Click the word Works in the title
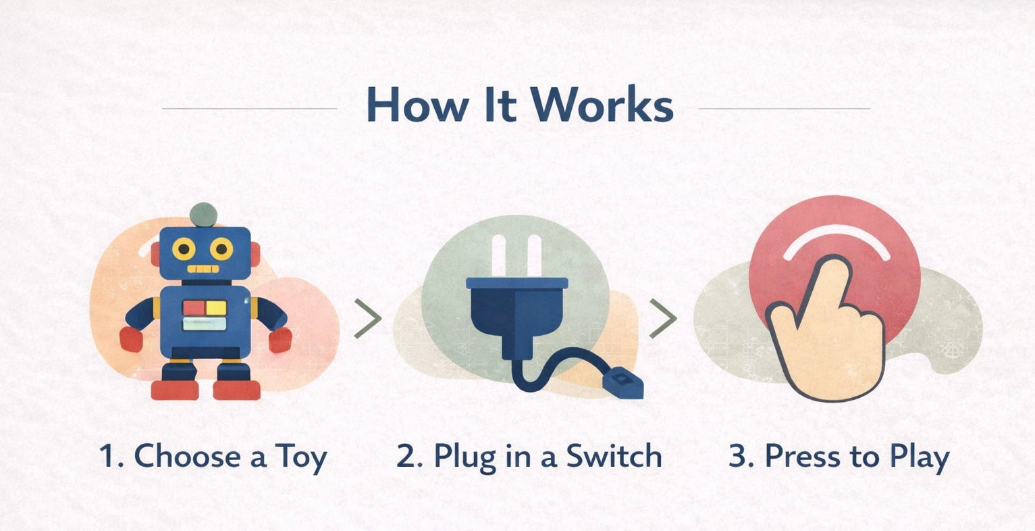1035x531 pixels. (x=602, y=104)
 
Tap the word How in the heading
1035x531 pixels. (x=417, y=104)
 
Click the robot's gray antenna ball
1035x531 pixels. (x=203, y=215)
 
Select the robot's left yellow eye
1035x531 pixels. (x=184, y=249)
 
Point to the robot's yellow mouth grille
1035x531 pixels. (x=203, y=269)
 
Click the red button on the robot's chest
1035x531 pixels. (x=194, y=307)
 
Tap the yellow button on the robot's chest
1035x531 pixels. (x=216, y=307)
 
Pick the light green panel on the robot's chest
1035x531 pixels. (x=205, y=324)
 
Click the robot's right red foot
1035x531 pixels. (x=236, y=389)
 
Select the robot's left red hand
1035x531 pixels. (x=131, y=339)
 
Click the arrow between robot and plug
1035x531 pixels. (x=368, y=318)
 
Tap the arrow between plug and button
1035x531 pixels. (x=663, y=318)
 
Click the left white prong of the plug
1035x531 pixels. (x=499, y=256)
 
